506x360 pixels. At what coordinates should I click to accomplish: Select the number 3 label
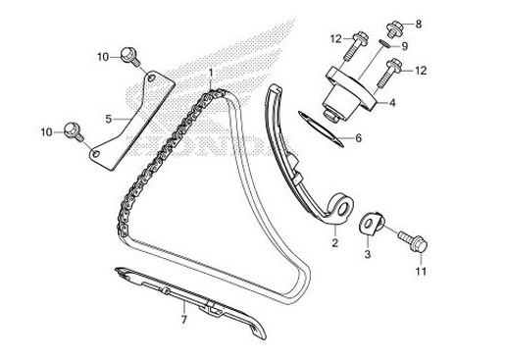pyautogui.click(x=369, y=254)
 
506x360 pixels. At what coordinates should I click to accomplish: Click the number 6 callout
pyautogui.click(x=358, y=137)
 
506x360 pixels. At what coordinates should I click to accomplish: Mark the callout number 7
pyautogui.click(x=182, y=319)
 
